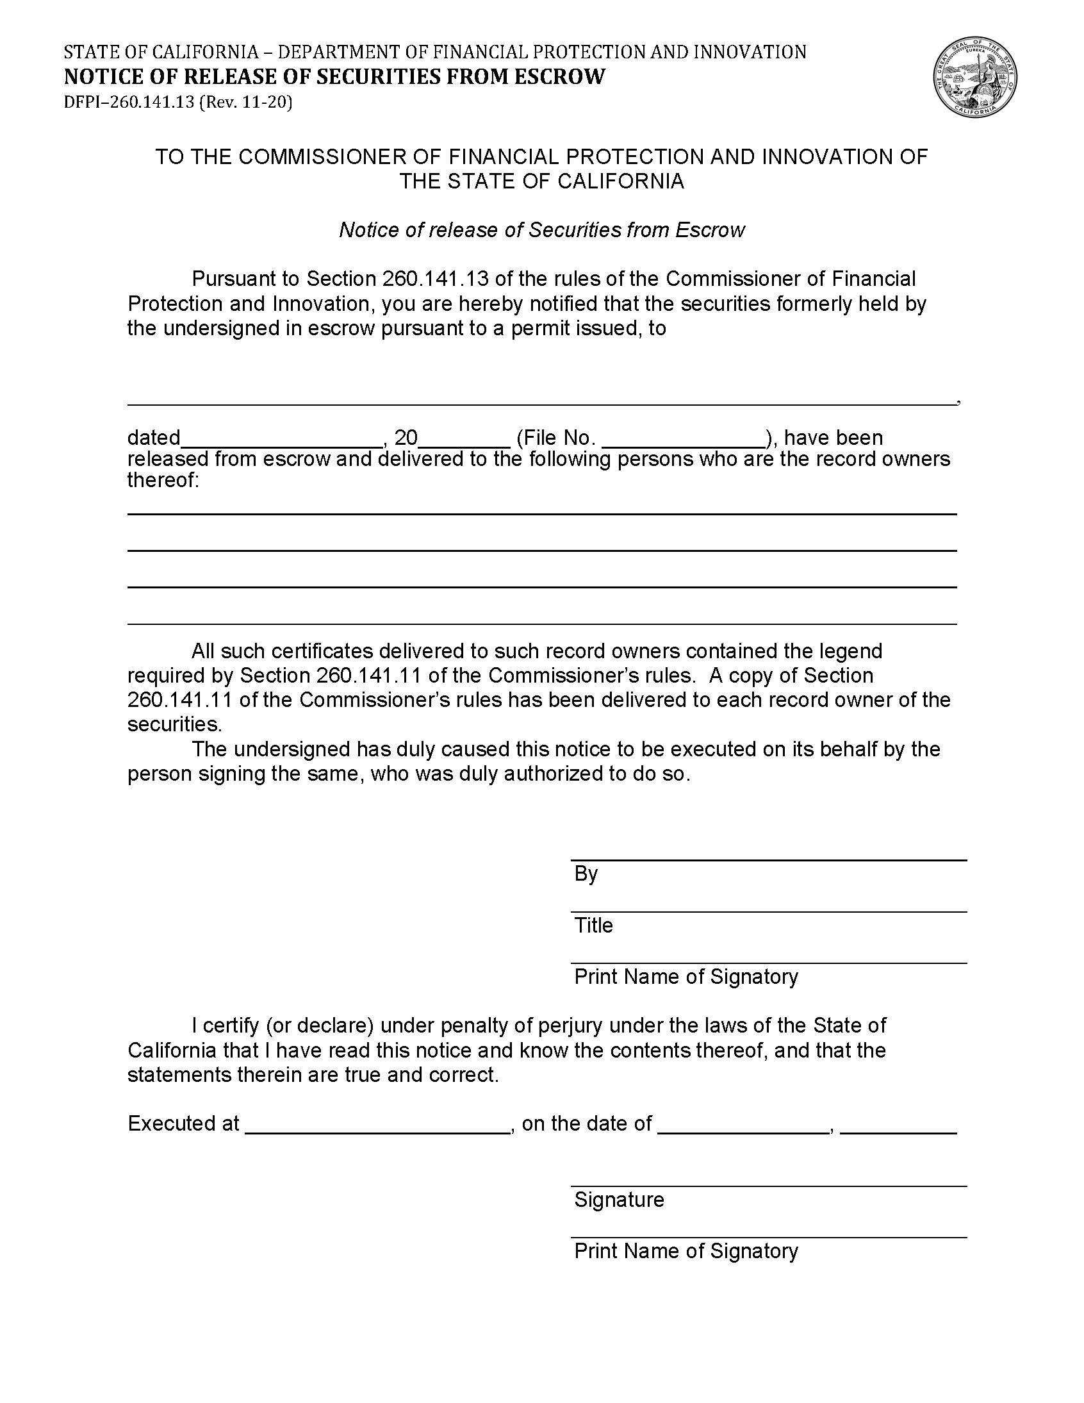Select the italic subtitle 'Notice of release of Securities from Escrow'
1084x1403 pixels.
541,230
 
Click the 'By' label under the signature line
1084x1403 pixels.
586,874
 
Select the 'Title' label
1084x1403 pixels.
593,926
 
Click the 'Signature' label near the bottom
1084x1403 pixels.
619,1200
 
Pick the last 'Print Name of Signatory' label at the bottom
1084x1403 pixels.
686,1251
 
